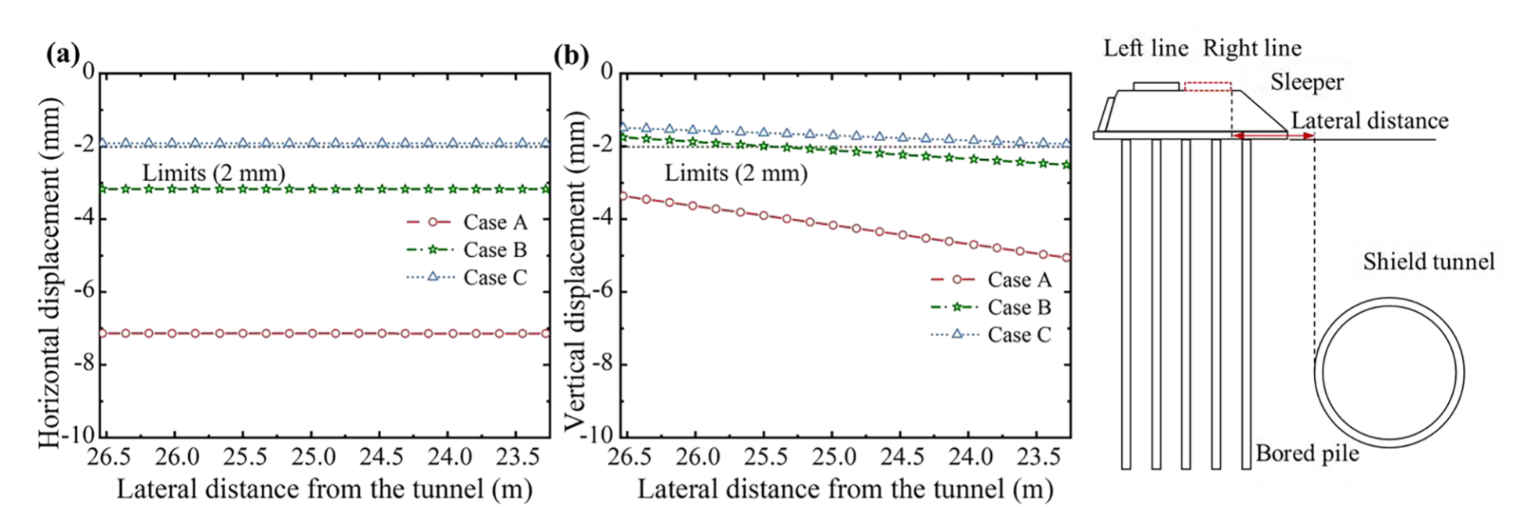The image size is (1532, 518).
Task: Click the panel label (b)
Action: click(x=571, y=56)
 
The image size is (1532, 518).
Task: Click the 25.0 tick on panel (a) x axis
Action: click(x=312, y=456)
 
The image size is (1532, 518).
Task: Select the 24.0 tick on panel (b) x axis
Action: click(x=968, y=456)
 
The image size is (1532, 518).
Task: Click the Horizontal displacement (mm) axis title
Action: click(x=49, y=273)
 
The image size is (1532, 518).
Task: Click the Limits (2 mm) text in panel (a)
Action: click(x=213, y=172)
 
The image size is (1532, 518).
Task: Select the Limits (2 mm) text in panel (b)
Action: click(x=735, y=172)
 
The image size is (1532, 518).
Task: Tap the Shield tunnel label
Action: click(x=1429, y=262)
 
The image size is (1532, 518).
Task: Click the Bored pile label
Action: click(x=1307, y=453)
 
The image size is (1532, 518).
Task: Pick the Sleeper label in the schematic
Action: click(x=1306, y=82)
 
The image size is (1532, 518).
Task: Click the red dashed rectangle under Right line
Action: click(x=1207, y=86)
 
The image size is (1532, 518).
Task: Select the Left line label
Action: click(x=1145, y=49)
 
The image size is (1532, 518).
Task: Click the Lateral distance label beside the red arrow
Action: click(x=1369, y=121)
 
